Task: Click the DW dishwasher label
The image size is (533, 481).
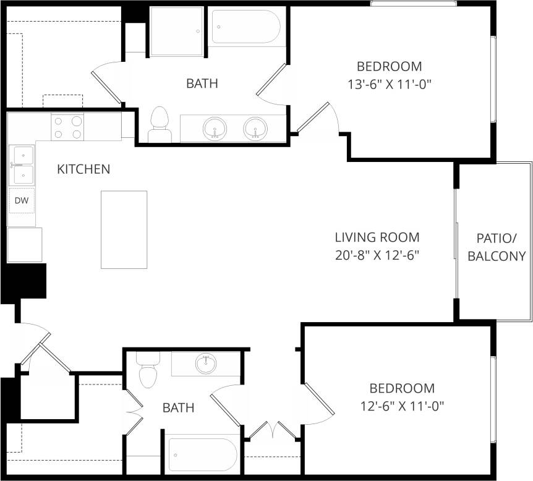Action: pos(22,200)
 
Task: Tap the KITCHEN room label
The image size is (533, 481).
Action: pos(83,169)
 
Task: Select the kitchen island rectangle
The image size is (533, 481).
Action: pos(124,229)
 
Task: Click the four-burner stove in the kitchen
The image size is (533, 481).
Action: pos(67,127)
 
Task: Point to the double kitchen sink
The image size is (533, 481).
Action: pos(22,165)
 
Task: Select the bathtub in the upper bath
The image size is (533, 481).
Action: pos(245,26)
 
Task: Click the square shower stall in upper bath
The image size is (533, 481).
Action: pos(176,31)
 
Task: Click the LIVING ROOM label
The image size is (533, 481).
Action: pos(377,237)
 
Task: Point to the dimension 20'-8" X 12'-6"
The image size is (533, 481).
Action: pos(377,255)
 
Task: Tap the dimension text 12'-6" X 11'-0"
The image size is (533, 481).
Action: pos(403,406)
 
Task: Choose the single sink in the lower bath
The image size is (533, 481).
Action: pos(206,364)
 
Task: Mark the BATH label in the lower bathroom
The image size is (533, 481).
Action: pos(179,407)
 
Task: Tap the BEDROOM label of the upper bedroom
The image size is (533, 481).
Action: pos(390,66)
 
